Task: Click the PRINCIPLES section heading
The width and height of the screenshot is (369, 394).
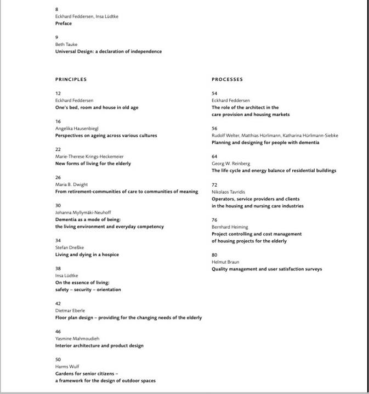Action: point(71,79)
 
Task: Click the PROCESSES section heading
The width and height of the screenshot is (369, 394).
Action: point(227,79)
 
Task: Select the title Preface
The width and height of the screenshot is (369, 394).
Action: point(64,24)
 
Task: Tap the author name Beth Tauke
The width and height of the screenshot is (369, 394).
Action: point(66,44)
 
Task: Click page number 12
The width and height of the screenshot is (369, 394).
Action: point(58,94)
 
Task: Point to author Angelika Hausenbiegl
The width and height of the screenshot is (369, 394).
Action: point(77,129)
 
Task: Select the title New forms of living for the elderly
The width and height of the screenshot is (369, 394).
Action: point(93,164)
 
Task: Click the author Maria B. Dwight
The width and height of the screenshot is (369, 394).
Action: point(71,184)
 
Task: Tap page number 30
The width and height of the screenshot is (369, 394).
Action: point(58,205)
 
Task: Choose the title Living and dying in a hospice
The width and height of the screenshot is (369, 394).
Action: point(87,254)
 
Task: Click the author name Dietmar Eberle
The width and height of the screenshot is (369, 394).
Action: point(70,311)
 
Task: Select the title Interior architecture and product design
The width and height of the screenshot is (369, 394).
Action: point(99,346)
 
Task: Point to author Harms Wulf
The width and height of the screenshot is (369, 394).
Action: point(67,367)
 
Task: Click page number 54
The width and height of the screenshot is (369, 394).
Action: point(214,94)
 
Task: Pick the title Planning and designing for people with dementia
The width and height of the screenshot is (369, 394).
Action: point(265,142)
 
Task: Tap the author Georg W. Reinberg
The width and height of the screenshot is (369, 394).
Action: point(231,164)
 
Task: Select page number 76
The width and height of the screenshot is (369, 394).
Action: point(214,220)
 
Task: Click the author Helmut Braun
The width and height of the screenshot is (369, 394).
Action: point(225,262)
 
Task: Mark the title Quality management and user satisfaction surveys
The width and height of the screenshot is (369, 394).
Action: point(267,269)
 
